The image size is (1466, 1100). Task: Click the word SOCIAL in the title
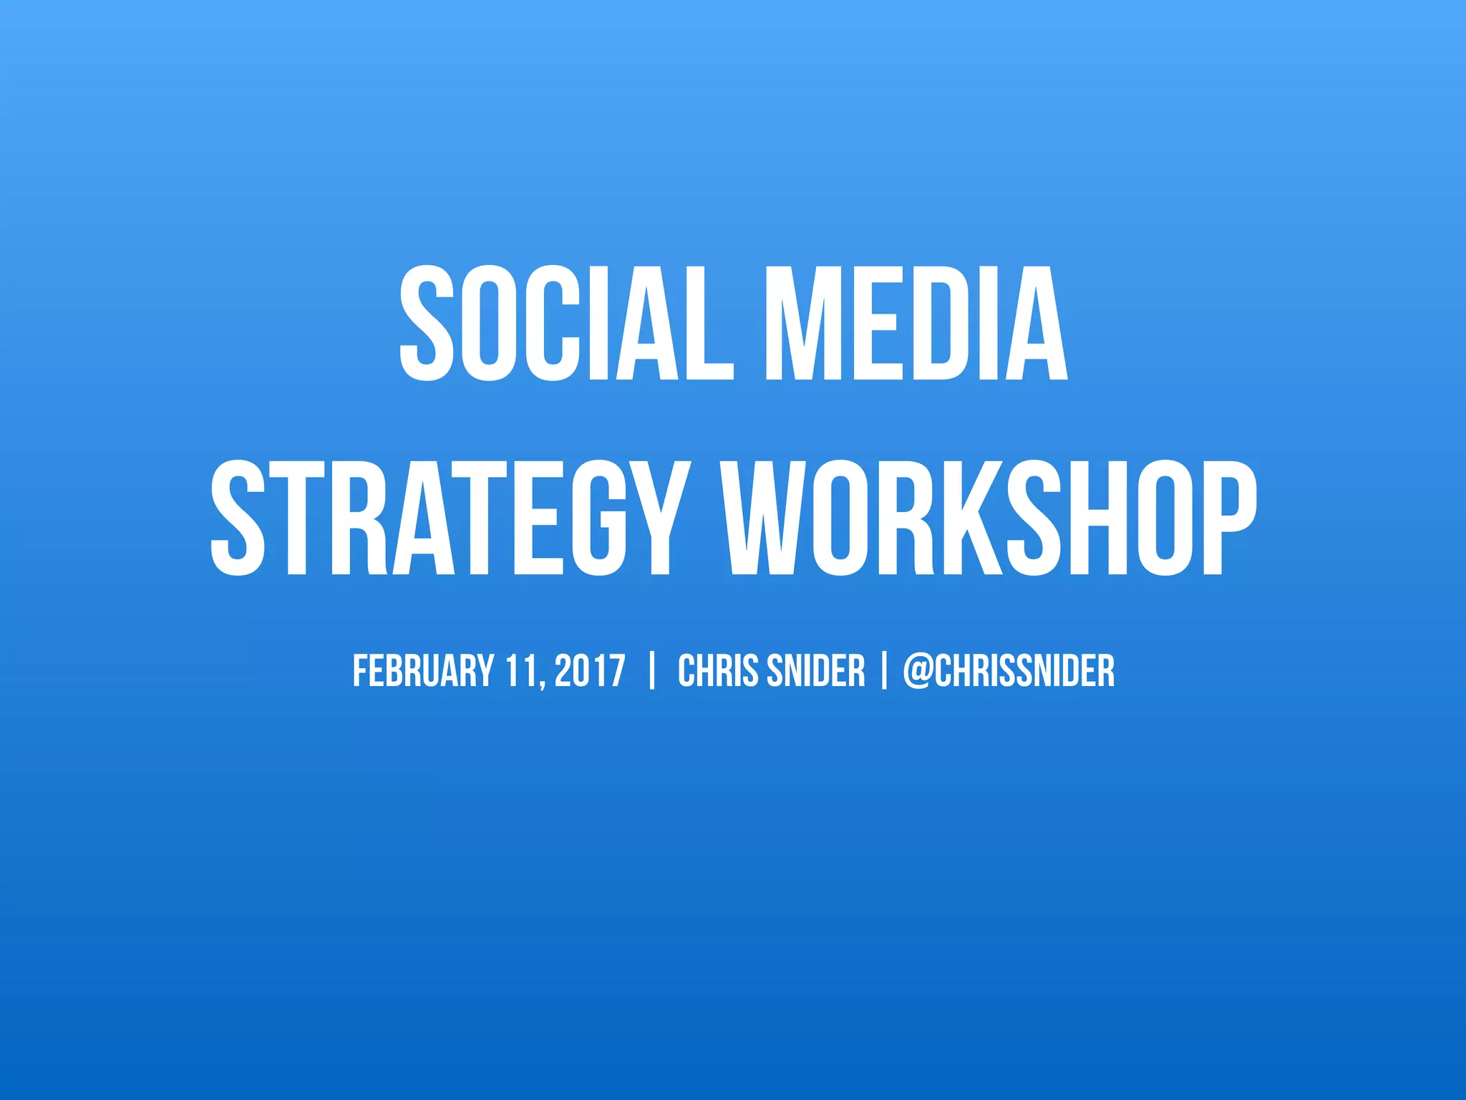tap(565, 324)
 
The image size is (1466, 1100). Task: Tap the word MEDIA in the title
tap(916, 324)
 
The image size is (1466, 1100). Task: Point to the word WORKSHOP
tap(991, 518)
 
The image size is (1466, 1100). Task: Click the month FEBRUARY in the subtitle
tap(423, 671)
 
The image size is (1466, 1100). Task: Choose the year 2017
tap(590, 671)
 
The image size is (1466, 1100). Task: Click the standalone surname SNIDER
tap(816, 671)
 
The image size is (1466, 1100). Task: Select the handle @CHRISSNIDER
tap(1009, 671)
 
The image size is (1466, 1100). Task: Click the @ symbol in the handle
tap(917, 671)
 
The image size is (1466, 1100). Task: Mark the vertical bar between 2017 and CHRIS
tap(651, 671)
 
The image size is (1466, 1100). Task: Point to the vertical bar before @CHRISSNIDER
tap(884, 671)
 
